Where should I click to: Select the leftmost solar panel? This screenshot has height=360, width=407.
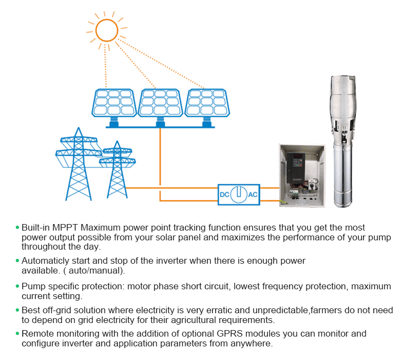click(114, 103)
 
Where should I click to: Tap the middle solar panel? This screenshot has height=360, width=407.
click(160, 103)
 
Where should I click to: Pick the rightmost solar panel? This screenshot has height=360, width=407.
click(207, 103)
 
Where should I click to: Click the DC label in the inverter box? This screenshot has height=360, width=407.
click(224, 195)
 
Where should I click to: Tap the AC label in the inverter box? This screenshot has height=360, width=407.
click(253, 195)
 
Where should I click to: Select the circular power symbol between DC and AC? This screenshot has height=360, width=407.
click(239, 194)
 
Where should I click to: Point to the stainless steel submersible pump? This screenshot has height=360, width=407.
click(343, 141)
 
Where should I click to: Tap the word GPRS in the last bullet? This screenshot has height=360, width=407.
click(229, 333)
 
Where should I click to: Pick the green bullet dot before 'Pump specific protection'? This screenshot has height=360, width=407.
click(17, 286)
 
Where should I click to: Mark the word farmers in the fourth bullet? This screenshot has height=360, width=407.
click(325, 310)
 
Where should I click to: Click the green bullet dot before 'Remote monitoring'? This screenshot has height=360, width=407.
click(17, 333)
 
